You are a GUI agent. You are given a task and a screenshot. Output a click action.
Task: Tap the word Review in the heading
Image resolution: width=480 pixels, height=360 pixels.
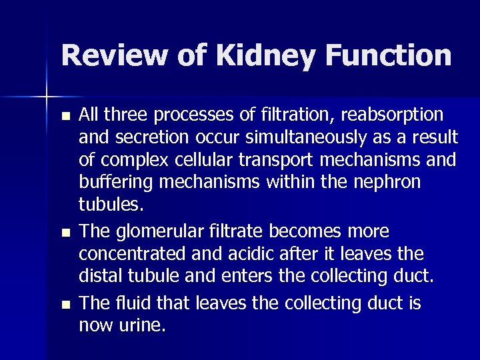tap(110, 55)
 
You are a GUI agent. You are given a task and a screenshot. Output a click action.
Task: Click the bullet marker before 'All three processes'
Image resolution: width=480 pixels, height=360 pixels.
tap(64, 115)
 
